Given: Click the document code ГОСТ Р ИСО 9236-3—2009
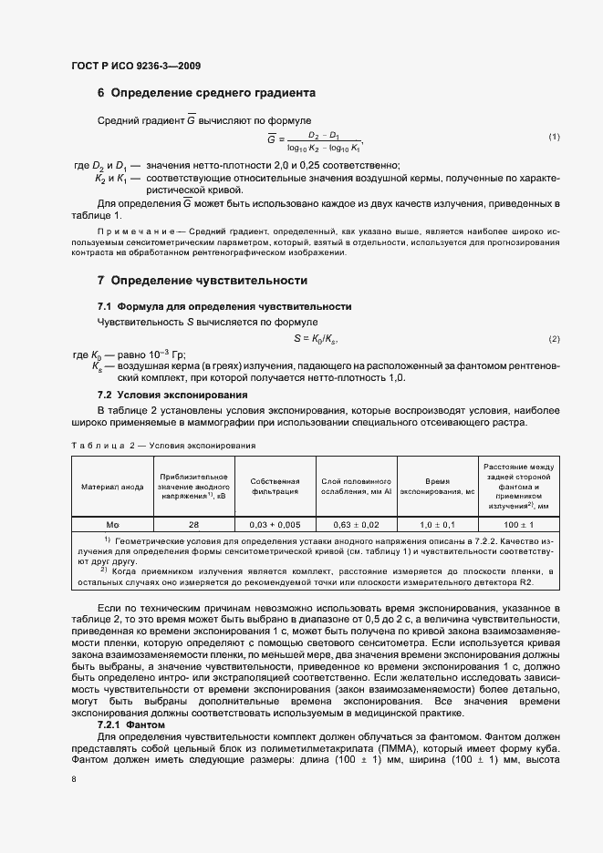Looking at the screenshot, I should tap(136, 66).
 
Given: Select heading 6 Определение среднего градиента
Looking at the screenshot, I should tap(206, 93).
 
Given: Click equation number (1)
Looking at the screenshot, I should tap(553, 137).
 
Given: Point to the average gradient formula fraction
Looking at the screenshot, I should tap(323, 140).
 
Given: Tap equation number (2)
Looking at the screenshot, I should tap(553, 340).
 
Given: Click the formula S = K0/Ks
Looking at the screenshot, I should tap(316, 339).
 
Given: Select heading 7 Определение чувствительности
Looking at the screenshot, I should tap(202, 281).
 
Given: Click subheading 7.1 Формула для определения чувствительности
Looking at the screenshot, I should tap(224, 306).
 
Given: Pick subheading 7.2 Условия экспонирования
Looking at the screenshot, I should tap(172, 395).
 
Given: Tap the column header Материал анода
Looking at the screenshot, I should tap(114, 487).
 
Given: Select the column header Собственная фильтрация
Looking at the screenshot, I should tap(275, 486).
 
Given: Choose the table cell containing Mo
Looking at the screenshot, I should tap(114, 525).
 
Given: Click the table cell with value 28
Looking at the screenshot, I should tap(193, 525).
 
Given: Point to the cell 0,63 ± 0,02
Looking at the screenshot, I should tap(356, 525).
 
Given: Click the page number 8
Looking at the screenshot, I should tap(74, 779).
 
